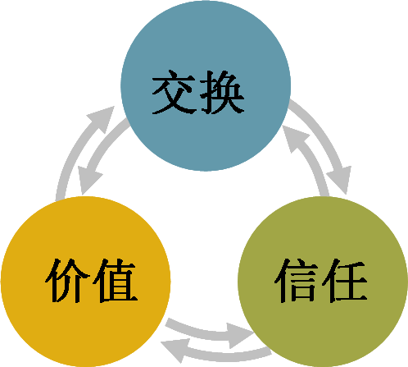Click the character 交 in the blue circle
(174, 92)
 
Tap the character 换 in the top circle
(222, 92)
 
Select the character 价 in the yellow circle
(67, 281)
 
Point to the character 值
(115, 281)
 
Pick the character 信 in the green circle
(297, 281)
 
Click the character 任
(344, 281)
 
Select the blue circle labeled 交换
(206, 85)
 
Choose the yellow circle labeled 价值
(86, 282)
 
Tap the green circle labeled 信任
(323, 282)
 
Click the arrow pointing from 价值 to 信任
(207, 333)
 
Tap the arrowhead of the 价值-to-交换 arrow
(102, 118)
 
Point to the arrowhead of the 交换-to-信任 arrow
(340, 179)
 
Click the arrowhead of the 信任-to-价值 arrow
(175, 350)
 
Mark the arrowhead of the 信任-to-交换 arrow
(294, 137)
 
